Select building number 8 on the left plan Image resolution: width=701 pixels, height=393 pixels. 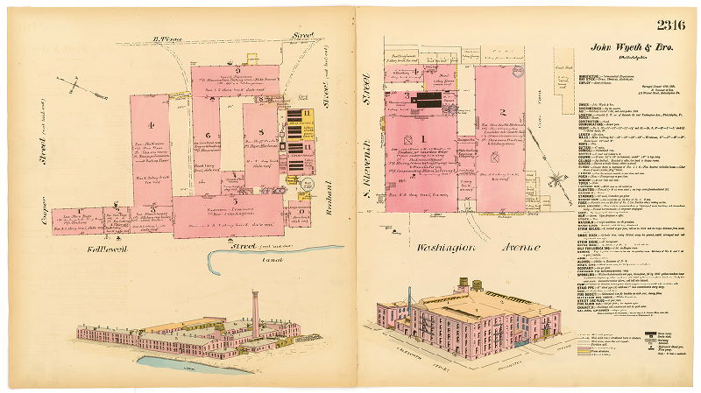click(x=259, y=133)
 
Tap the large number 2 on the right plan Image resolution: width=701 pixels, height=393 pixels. click(x=503, y=111)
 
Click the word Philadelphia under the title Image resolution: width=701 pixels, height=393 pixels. click(x=632, y=58)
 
